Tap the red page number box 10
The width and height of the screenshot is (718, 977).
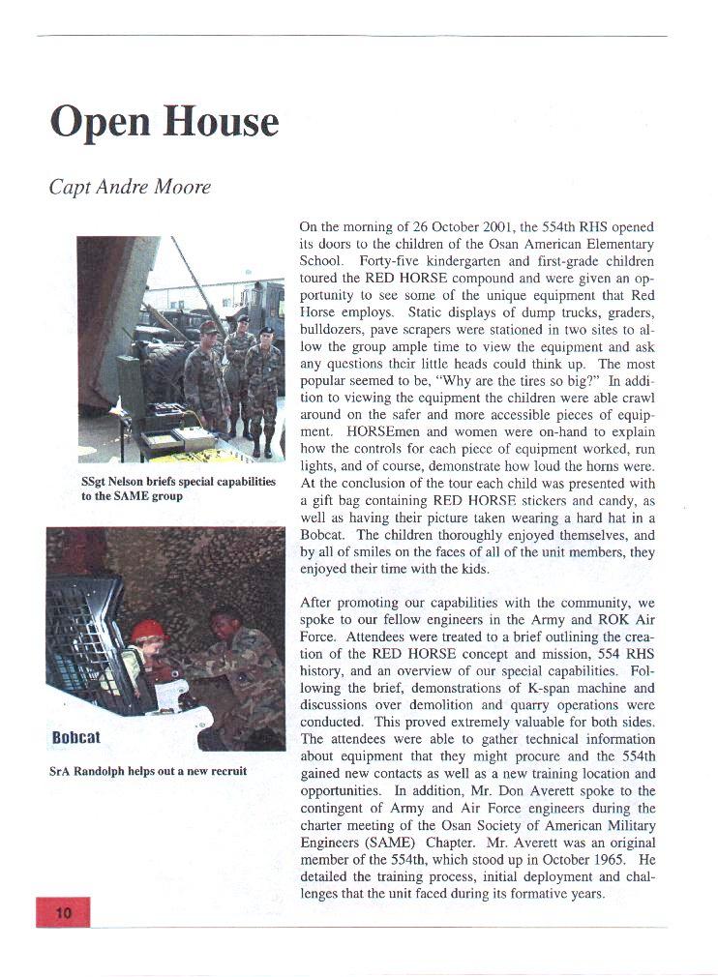click(63, 912)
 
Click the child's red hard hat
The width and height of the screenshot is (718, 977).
click(148, 631)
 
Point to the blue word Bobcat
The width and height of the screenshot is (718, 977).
click(76, 738)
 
